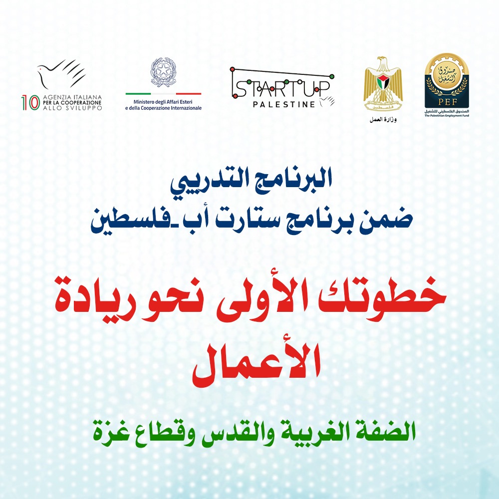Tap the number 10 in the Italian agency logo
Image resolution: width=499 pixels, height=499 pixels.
click(29, 102)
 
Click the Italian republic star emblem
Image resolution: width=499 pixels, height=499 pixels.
click(163, 73)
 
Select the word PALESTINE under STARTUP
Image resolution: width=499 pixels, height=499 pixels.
click(284, 104)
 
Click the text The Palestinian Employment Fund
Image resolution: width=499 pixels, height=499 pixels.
click(447, 115)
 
